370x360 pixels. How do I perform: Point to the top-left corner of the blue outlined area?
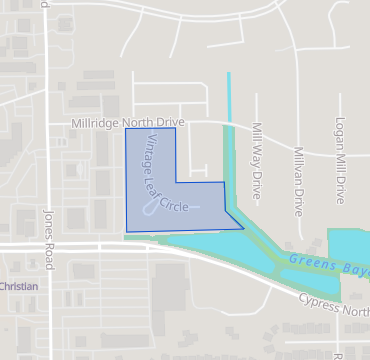pos(125,129)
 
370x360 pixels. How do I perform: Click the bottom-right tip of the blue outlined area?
pos(243,229)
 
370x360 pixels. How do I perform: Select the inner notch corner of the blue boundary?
pos(176,182)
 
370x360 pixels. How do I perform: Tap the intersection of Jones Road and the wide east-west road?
pos(46,244)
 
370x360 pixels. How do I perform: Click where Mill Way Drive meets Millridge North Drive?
pos(255,126)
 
